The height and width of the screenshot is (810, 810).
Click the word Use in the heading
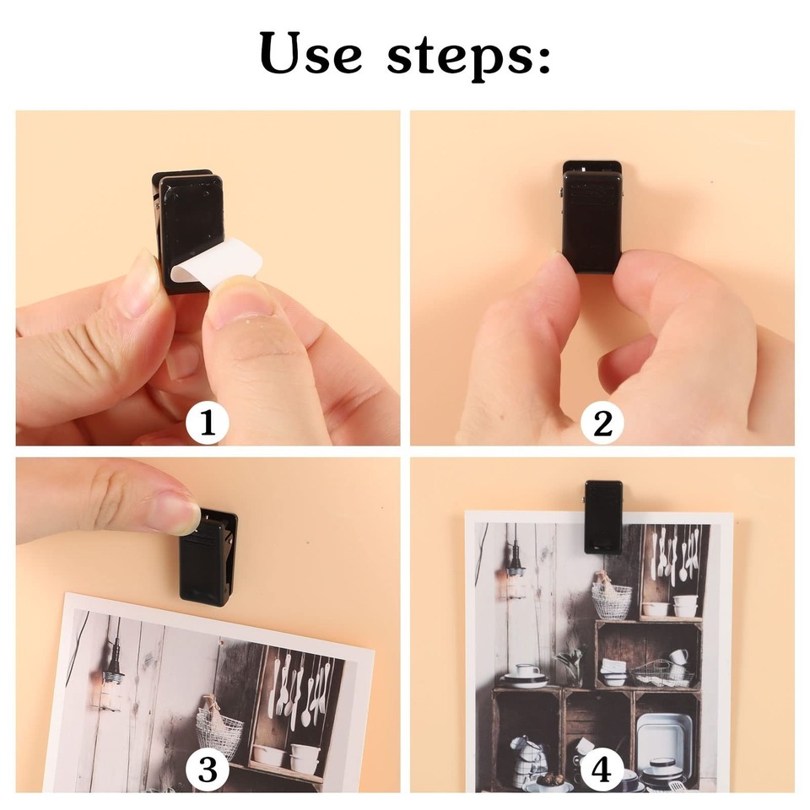312,53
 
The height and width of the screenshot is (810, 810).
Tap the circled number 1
207,424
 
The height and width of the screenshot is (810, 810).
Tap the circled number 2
602,424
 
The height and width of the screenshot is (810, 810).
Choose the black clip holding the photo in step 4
603,516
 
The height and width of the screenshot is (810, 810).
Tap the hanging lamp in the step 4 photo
514,574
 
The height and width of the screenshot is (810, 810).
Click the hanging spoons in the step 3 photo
300,688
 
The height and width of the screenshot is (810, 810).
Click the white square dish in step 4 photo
665,734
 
